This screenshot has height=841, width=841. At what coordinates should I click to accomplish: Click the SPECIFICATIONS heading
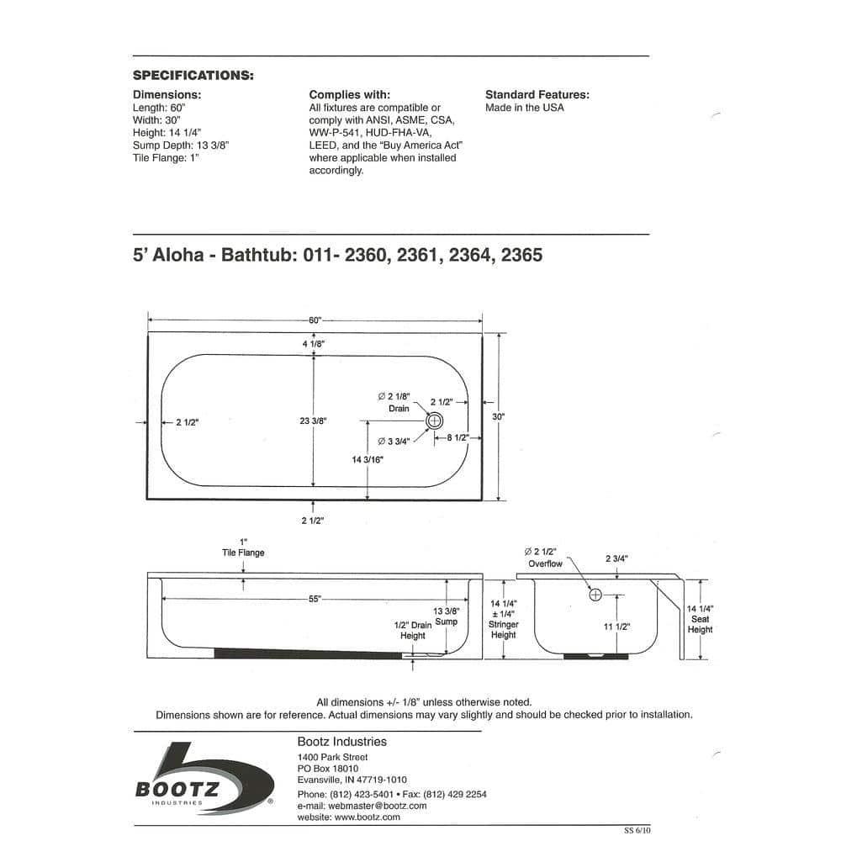click(193, 76)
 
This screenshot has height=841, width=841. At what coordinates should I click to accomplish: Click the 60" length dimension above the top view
click(315, 320)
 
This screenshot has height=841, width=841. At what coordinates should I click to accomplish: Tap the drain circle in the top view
click(435, 420)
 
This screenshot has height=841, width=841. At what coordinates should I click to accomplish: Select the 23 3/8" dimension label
click(312, 421)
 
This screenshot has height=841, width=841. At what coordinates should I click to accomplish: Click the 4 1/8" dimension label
click(314, 344)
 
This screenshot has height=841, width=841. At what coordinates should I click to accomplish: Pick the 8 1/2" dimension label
click(458, 438)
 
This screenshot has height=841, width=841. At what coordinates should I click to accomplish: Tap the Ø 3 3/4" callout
click(393, 442)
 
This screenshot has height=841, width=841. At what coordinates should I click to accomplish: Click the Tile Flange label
click(243, 553)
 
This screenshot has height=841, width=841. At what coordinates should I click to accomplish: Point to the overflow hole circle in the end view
click(596, 595)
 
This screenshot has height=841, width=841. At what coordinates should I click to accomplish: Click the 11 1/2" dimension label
click(618, 627)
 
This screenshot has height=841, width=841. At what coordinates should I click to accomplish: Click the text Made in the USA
click(525, 108)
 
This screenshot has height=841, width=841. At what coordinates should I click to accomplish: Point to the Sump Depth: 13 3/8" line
click(181, 145)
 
